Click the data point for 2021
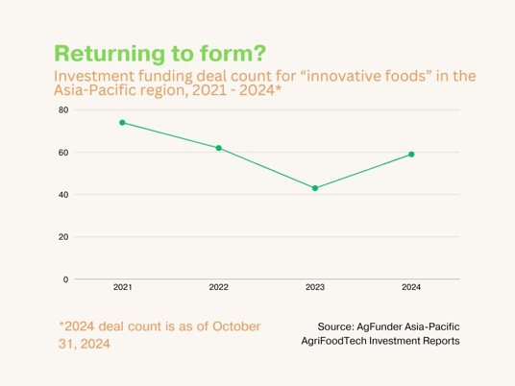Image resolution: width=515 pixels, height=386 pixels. (x=122, y=123)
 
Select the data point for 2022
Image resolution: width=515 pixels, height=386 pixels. (x=219, y=148)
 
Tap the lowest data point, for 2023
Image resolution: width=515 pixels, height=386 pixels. (x=315, y=188)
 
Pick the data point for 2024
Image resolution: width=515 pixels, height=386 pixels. (x=411, y=155)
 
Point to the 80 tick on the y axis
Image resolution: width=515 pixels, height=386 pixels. (x=63, y=110)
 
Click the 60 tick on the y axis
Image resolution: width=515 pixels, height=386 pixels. (x=63, y=153)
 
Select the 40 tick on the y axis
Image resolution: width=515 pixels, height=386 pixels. (x=63, y=195)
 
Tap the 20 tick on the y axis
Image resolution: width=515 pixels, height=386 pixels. (x=63, y=237)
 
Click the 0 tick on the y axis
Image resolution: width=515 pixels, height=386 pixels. (x=65, y=279)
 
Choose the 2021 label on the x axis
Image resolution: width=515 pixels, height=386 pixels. (x=123, y=287)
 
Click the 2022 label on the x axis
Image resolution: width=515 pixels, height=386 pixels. (x=219, y=287)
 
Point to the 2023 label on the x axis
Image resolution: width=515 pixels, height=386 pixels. (x=315, y=287)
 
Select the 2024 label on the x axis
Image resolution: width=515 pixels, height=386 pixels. (x=411, y=287)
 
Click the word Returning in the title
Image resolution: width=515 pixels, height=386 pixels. (x=110, y=54)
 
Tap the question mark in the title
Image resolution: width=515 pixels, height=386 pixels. (x=259, y=53)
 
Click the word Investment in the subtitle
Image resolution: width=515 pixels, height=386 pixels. (x=94, y=76)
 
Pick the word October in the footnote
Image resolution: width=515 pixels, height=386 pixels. (x=236, y=326)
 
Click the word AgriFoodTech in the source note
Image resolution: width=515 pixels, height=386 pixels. (x=334, y=341)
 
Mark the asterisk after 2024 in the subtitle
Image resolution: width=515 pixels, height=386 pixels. (x=279, y=87)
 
